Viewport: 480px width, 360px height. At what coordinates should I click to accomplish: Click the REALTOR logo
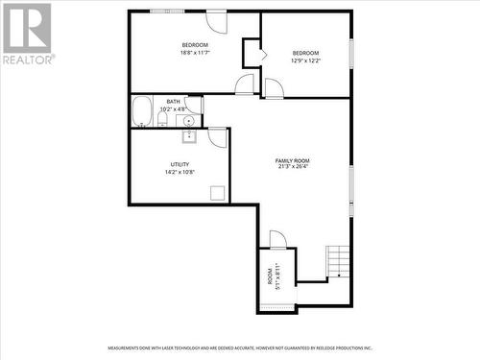pos(27,33)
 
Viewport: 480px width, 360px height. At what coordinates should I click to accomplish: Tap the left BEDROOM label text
pos(195,45)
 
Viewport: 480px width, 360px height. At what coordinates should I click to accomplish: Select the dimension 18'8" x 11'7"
pos(195,53)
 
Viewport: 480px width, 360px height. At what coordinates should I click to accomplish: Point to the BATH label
pos(173,102)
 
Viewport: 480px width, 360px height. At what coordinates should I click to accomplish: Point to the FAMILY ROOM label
pos(292,159)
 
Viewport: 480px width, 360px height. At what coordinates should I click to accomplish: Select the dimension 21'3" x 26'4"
pos(292,167)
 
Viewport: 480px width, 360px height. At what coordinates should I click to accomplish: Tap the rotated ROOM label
pos(270,277)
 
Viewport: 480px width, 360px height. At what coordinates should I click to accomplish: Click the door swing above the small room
pos(277,239)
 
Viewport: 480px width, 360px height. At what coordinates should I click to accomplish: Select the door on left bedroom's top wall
pos(216,21)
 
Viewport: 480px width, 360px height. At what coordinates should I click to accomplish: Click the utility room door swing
pos(218,137)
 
